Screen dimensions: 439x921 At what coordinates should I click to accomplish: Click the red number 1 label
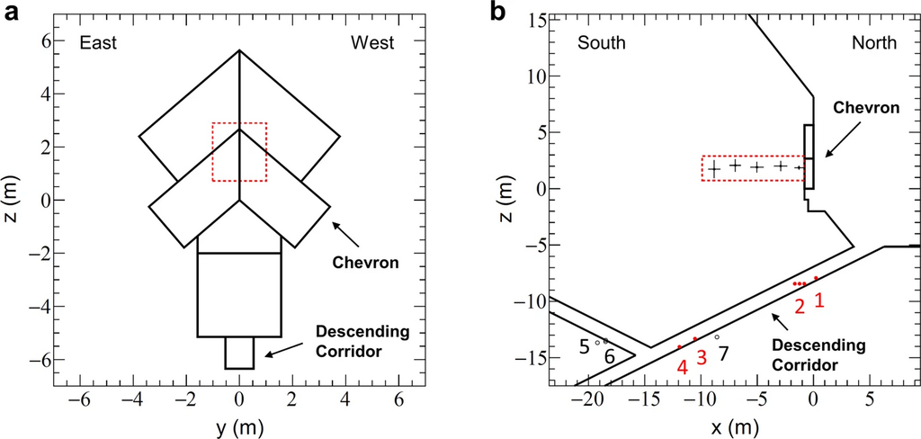point(819,300)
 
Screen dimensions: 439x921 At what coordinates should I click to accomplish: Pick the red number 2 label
point(800,306)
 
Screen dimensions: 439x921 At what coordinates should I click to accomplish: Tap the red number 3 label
point(702,356)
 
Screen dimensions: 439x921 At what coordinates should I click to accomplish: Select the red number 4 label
point(682,367)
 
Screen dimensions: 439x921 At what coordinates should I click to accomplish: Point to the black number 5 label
point(584,346)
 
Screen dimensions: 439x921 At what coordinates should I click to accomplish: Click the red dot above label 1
point(816,278)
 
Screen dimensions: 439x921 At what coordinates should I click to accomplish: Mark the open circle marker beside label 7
point(717,337)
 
